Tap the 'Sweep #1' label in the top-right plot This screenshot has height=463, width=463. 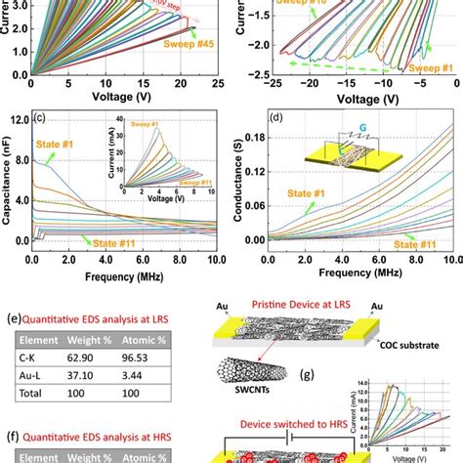[426, 66]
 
